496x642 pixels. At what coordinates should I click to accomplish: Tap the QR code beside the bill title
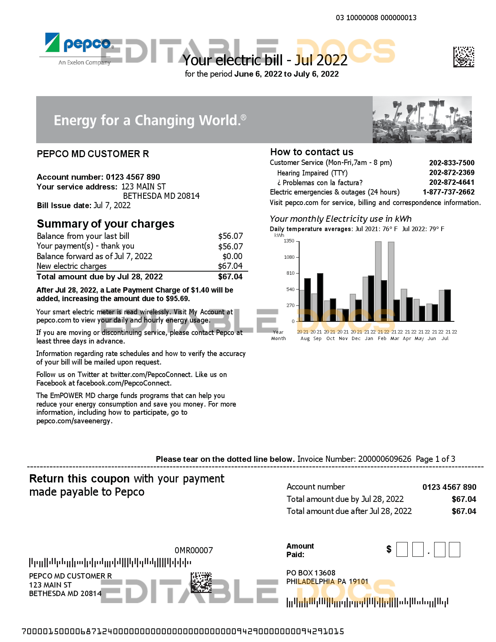[463, 57]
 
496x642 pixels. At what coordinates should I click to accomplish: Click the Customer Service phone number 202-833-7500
[452, 163]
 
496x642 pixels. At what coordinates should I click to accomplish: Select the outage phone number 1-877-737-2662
[449, 192]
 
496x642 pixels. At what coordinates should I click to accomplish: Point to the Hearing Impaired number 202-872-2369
[452, 172]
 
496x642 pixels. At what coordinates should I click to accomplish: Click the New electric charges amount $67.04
[230, 266]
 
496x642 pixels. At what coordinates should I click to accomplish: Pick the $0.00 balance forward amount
[232, 256]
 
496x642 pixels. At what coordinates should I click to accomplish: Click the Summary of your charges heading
[105, 224]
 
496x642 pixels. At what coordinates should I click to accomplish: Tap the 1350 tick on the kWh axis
[289, 241]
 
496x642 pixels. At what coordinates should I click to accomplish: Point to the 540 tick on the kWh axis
[290, 289]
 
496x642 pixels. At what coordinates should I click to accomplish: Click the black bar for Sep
[320, 297]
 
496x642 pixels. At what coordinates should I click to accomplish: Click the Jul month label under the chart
[445, 339]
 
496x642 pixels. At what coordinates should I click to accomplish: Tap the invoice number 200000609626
[384, 459]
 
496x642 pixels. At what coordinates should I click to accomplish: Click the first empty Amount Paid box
[402, 550]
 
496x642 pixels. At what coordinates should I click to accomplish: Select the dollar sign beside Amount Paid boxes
[389, 549]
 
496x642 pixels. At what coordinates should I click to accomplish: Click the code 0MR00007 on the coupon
[194, 551]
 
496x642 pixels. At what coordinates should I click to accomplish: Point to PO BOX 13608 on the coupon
[311, 573]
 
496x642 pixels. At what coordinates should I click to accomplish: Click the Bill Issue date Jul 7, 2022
[112, 205]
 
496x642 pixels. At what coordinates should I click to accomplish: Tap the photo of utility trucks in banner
[422, 120]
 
